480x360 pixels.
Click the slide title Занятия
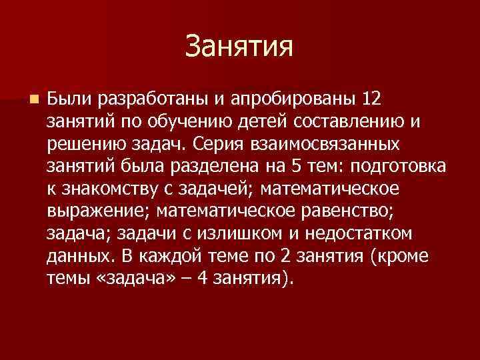(239, 47)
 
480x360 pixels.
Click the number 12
(371, 99)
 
